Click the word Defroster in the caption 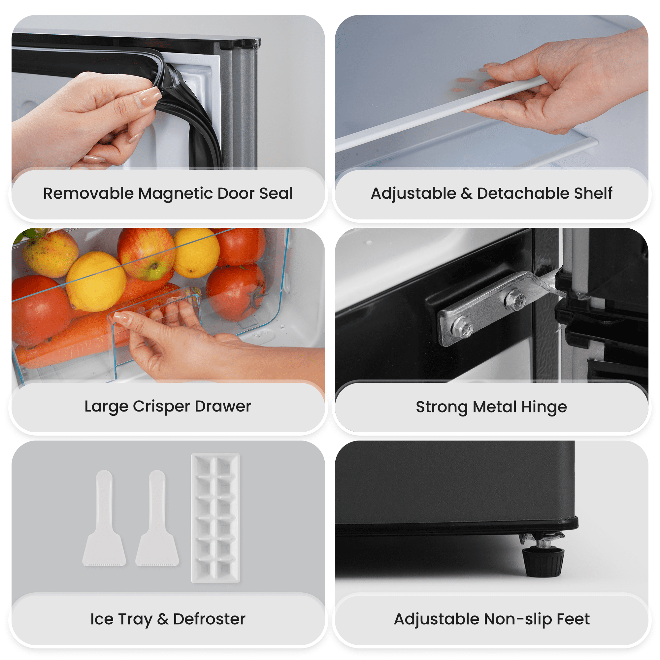tap(210, 619)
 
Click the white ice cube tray tap(215, 518)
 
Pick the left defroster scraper tap(104, 518)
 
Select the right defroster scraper tap(157, 518)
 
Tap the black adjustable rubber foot tap(543, 562)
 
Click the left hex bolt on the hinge tap(462, 326)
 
